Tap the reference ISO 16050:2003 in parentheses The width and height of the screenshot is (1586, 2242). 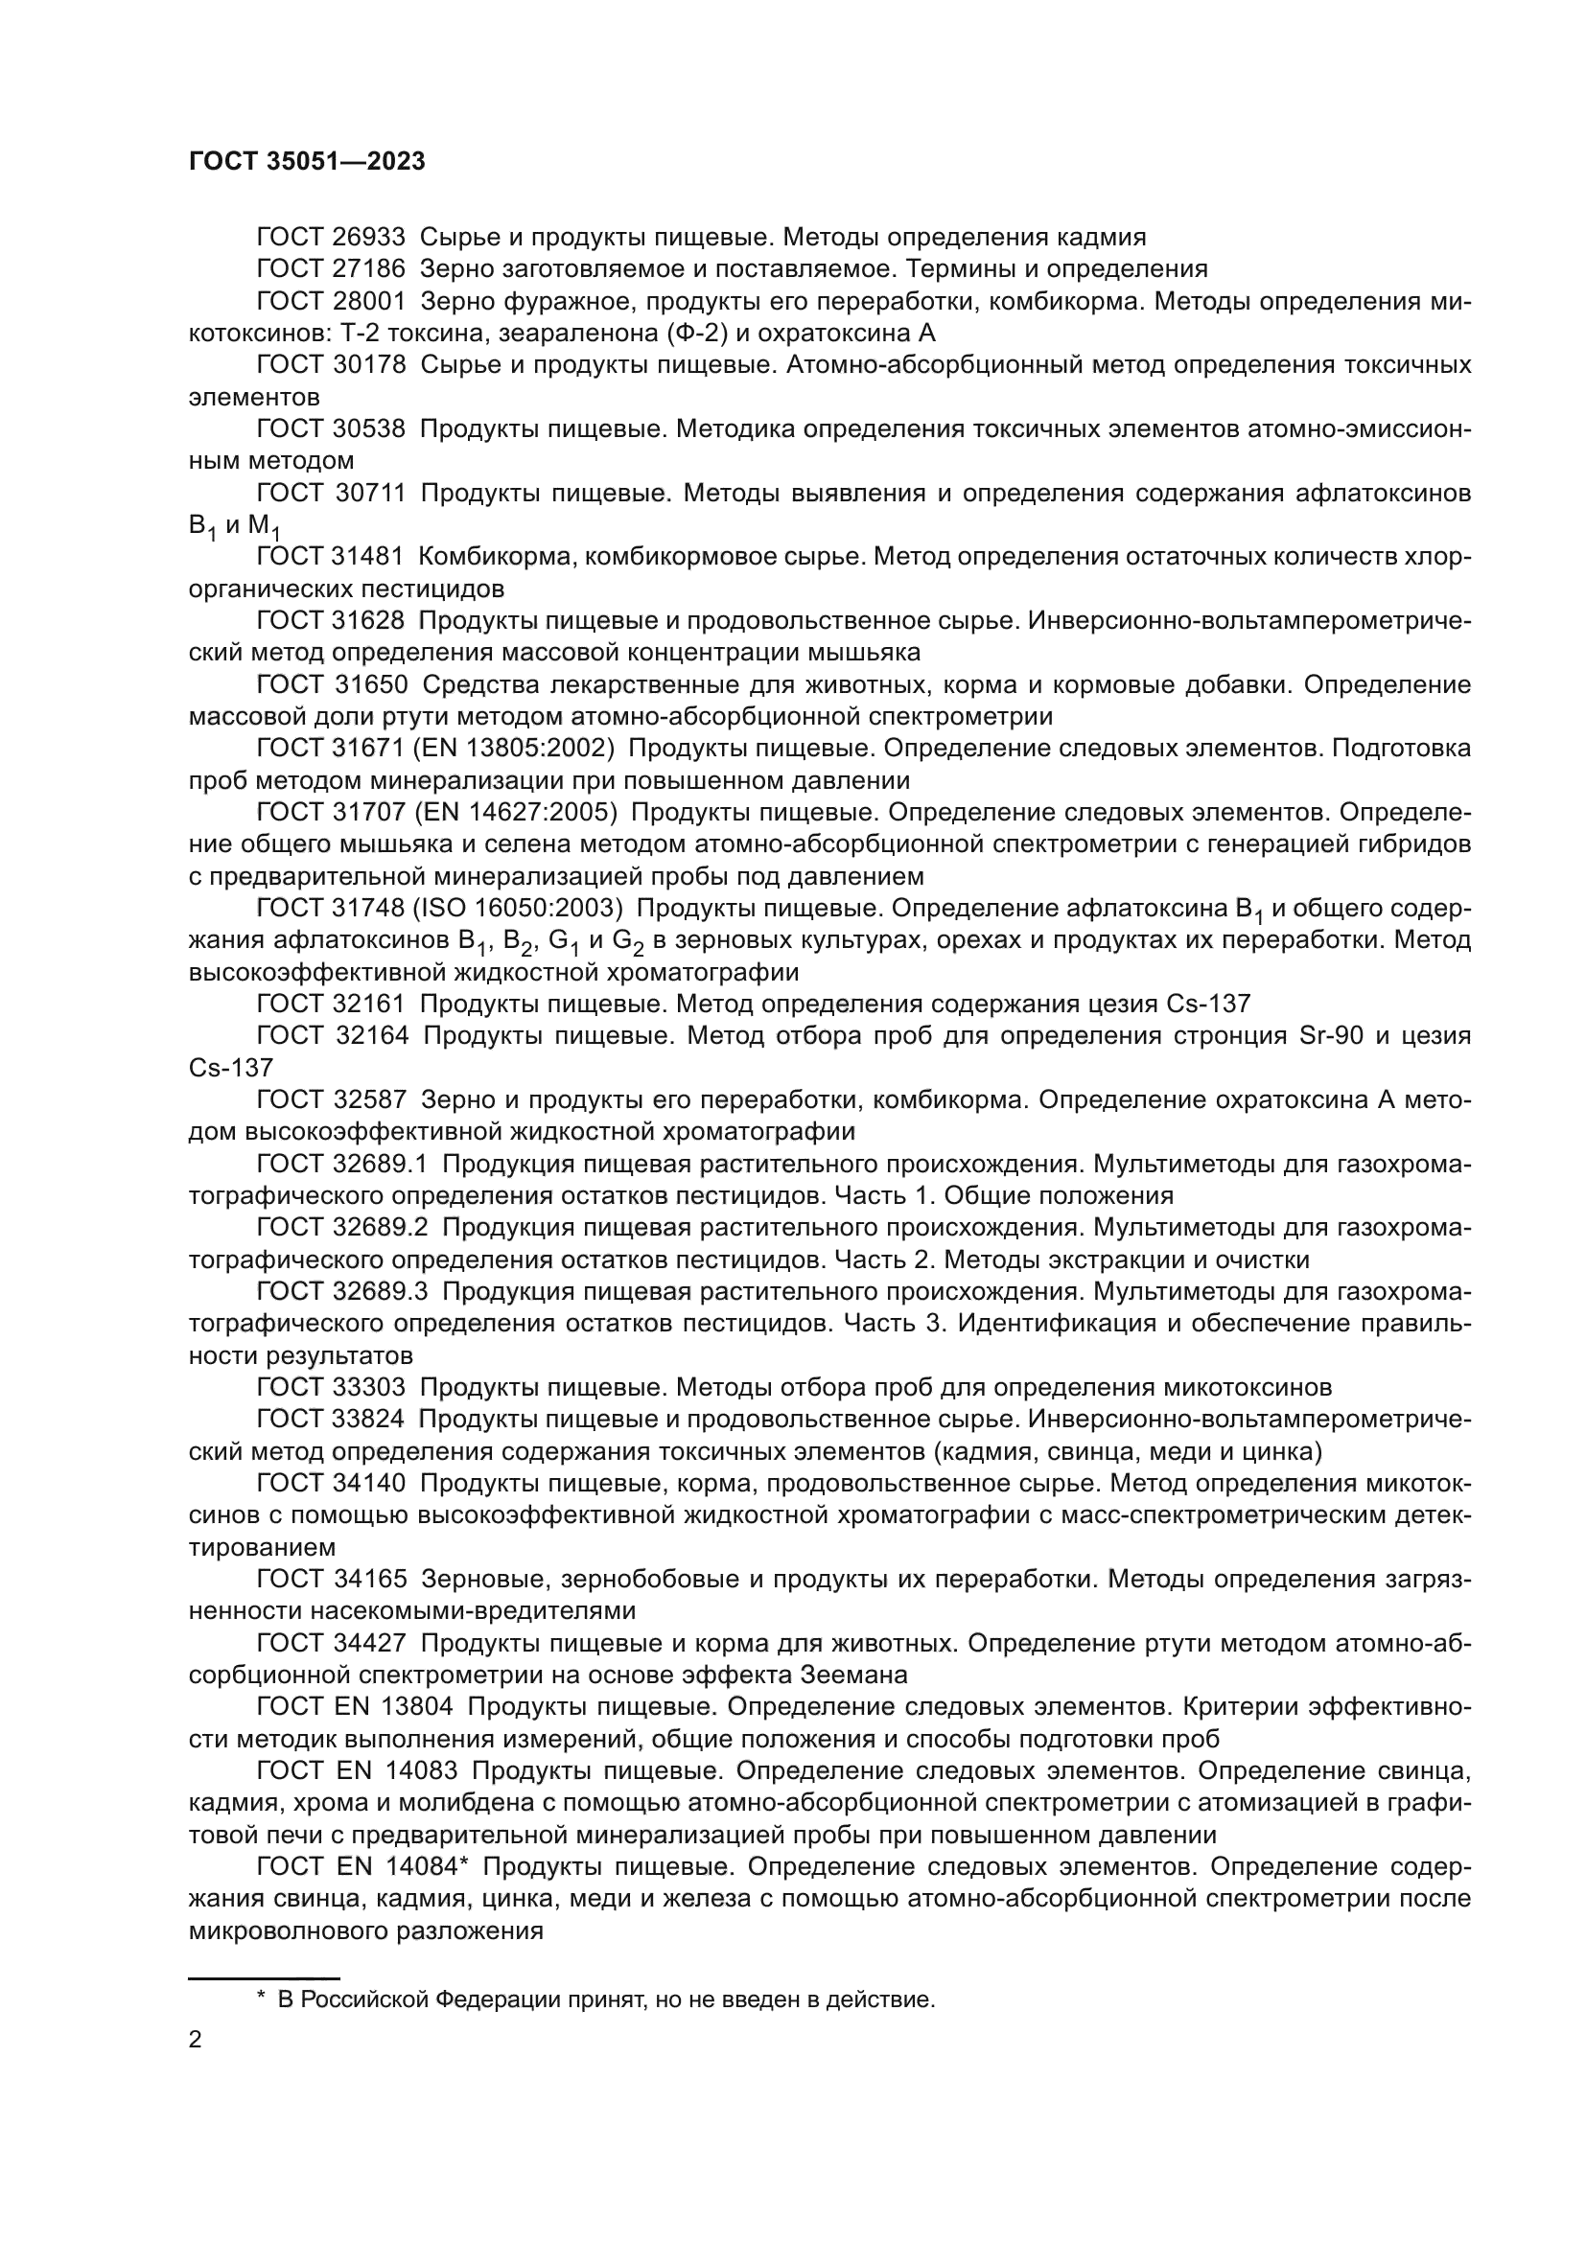point(519,908)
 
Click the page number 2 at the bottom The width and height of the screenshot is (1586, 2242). point(196,2040)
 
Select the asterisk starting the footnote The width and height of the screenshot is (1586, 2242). point(261,1999)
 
